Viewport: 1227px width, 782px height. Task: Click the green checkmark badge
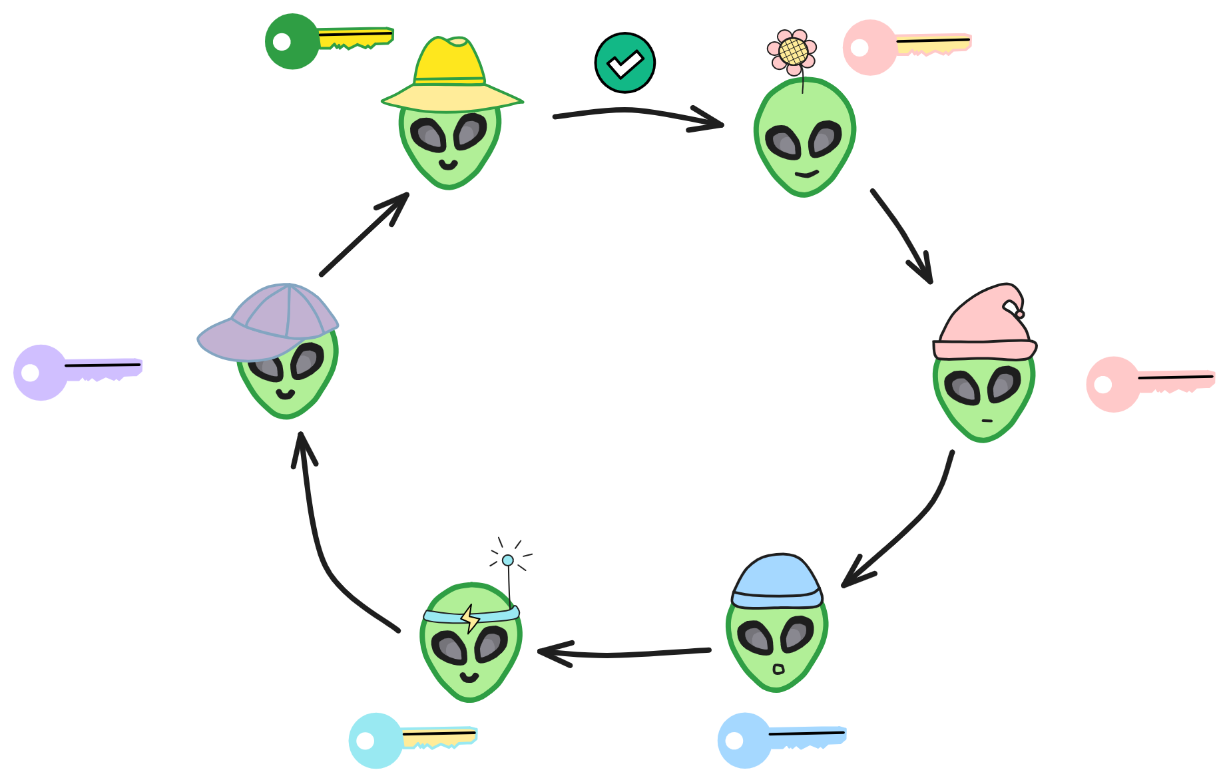coord(624,63)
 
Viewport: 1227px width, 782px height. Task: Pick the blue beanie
coord(776,581)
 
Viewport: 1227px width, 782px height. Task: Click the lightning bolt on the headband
coord(470,618)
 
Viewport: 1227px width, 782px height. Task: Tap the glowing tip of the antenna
coord(508,560)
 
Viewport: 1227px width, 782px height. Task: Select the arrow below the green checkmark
coord(638,114)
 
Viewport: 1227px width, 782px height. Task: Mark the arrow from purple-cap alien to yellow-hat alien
coord(364,234)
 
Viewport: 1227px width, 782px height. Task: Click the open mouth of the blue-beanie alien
coord(778,668)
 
